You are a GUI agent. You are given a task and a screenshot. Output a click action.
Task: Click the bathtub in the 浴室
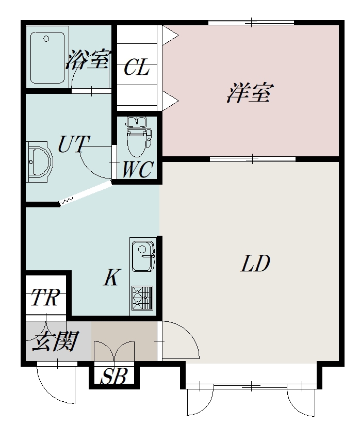point(47,57)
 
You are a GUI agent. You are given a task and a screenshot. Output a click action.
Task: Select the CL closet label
point(137,67)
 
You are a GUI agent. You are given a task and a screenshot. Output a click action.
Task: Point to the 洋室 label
point(249,93)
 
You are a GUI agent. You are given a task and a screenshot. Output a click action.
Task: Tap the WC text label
point(138,169)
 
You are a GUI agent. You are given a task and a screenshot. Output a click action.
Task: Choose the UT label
point(73,144)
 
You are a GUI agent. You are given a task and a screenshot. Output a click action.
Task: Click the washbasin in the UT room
point(39,162)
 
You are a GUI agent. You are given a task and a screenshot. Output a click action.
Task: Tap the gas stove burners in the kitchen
point(142,298)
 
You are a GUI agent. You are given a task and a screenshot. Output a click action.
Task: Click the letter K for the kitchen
point(111,277)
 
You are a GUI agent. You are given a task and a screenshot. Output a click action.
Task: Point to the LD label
point(255,263)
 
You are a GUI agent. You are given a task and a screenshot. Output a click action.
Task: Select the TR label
point(45,297)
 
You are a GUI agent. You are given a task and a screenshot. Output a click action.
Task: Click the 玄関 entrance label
point(55,341)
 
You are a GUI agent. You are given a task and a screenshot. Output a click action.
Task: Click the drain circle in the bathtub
point(46,39)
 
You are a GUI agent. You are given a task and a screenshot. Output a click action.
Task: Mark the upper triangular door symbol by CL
point(170,35)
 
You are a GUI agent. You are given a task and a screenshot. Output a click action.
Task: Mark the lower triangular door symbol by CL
point(170,101)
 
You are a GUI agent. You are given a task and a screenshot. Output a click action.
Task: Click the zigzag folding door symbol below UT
point(67,201)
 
